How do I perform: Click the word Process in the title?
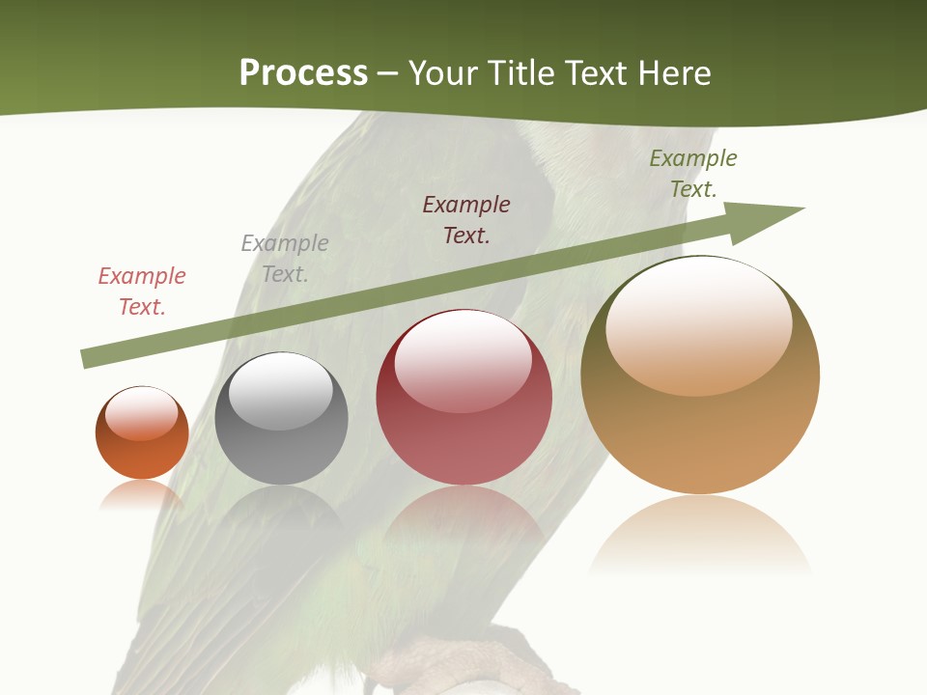click(x=303, y=73)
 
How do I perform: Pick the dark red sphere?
click(x=463, y=398)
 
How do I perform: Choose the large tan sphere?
click(x=700, y=376)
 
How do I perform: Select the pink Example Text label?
click(x=142, y=292)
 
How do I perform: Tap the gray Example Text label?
click(x=285, y=259)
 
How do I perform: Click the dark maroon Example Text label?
click(x=466, y=220)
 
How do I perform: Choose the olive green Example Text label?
click(x=693, y=174)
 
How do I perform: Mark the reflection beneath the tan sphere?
click(x=700, y=536)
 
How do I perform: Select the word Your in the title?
click(x=440, y=73)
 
